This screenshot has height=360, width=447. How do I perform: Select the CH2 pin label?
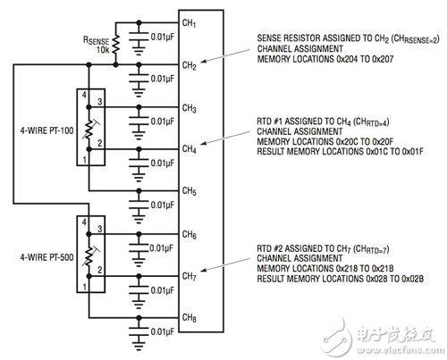[x=189, y=65]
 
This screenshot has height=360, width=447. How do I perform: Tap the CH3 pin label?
[x=189, y=108]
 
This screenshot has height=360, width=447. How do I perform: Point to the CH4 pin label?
[x=189, y=148]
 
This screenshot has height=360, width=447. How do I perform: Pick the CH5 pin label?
[x=189, y=191]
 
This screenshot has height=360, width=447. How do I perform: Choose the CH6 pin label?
[x=189, y=235]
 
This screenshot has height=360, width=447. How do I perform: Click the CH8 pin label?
[x=189, y=317]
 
